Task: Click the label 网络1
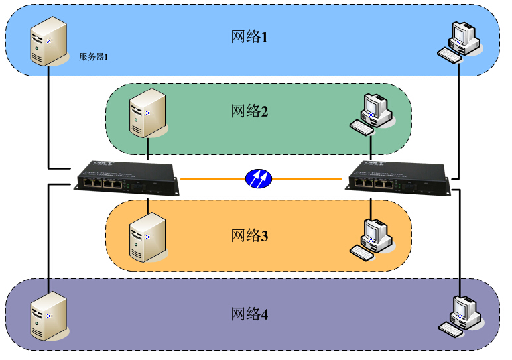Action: coord(249,37)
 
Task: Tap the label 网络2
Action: coord(249,111)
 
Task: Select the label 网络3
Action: coord(249,235)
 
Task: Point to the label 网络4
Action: coord(249,314)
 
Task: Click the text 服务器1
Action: coord(93,57)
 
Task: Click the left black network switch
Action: coord(125,177)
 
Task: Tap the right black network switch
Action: coord(398,177)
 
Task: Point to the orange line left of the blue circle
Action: coord(212,178)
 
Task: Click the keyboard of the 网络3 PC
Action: coord(363,252)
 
